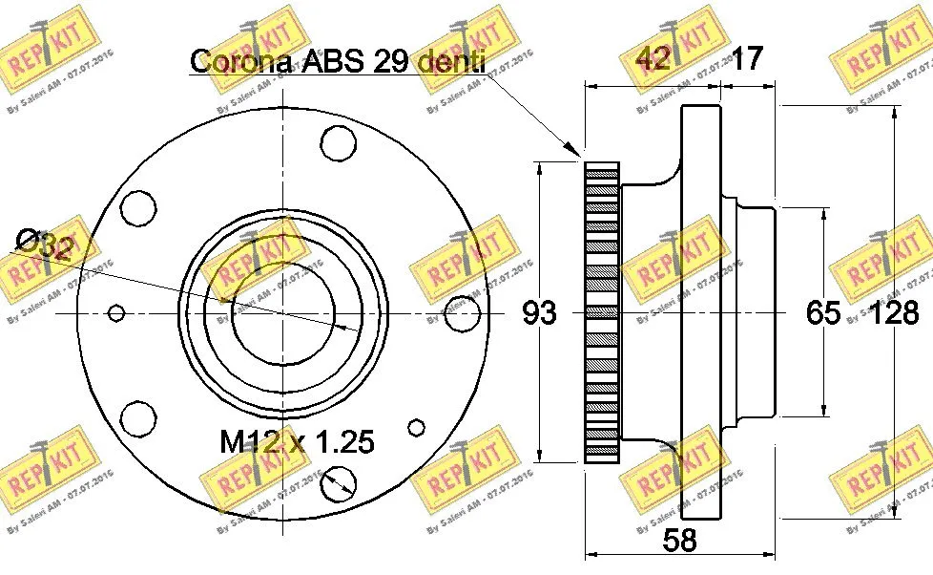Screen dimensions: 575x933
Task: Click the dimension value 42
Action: click(x=654, y=59)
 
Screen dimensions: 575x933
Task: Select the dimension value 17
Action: click(x=746, y=59)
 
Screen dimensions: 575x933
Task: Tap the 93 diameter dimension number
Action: click(x=539, y=312)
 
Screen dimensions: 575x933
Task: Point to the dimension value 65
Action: click(x=822, y=312)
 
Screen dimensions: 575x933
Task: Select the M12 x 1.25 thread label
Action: click(x=297, y=442)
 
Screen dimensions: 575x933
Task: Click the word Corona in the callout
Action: click(x=241, y=60)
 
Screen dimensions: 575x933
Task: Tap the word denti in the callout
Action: click(x=452, y=60)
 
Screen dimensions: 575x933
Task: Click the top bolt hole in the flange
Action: click(x=337, y=144)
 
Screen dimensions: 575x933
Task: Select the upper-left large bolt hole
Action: click(x=139, y=207)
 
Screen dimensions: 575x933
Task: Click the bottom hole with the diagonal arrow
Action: click(x=337, y=484)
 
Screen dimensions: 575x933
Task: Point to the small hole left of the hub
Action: click(x=117, y=312)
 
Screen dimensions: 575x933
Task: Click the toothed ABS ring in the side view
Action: click(x=601, y=312)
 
